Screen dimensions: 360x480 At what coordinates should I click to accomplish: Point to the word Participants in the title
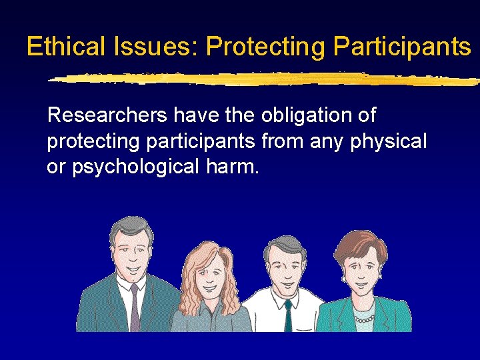[402, 47]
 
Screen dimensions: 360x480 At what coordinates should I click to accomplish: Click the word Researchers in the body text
[107, 116]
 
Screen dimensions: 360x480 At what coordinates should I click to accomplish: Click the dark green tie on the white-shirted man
[287, 313]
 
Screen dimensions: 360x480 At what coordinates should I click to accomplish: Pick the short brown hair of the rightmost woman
[360, 243]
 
